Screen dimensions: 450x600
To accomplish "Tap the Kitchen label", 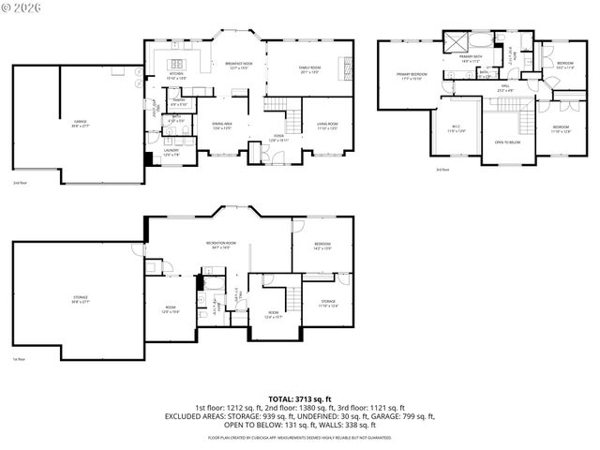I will coord(175,74).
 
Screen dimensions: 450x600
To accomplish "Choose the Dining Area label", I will coord(222,125).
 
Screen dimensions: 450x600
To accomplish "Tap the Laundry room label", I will coord(172,151).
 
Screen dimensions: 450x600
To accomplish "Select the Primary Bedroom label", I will coord(412,75).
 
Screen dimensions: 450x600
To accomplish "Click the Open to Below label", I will coord(507,142).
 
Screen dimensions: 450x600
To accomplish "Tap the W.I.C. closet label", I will coord(457,129).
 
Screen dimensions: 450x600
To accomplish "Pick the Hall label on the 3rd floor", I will coord(504,87).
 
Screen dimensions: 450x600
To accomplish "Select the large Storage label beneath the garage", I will coord(80,298).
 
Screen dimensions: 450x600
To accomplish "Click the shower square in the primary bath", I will coord(457,41).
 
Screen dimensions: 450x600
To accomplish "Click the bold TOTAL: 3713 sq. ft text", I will coord(299,398).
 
